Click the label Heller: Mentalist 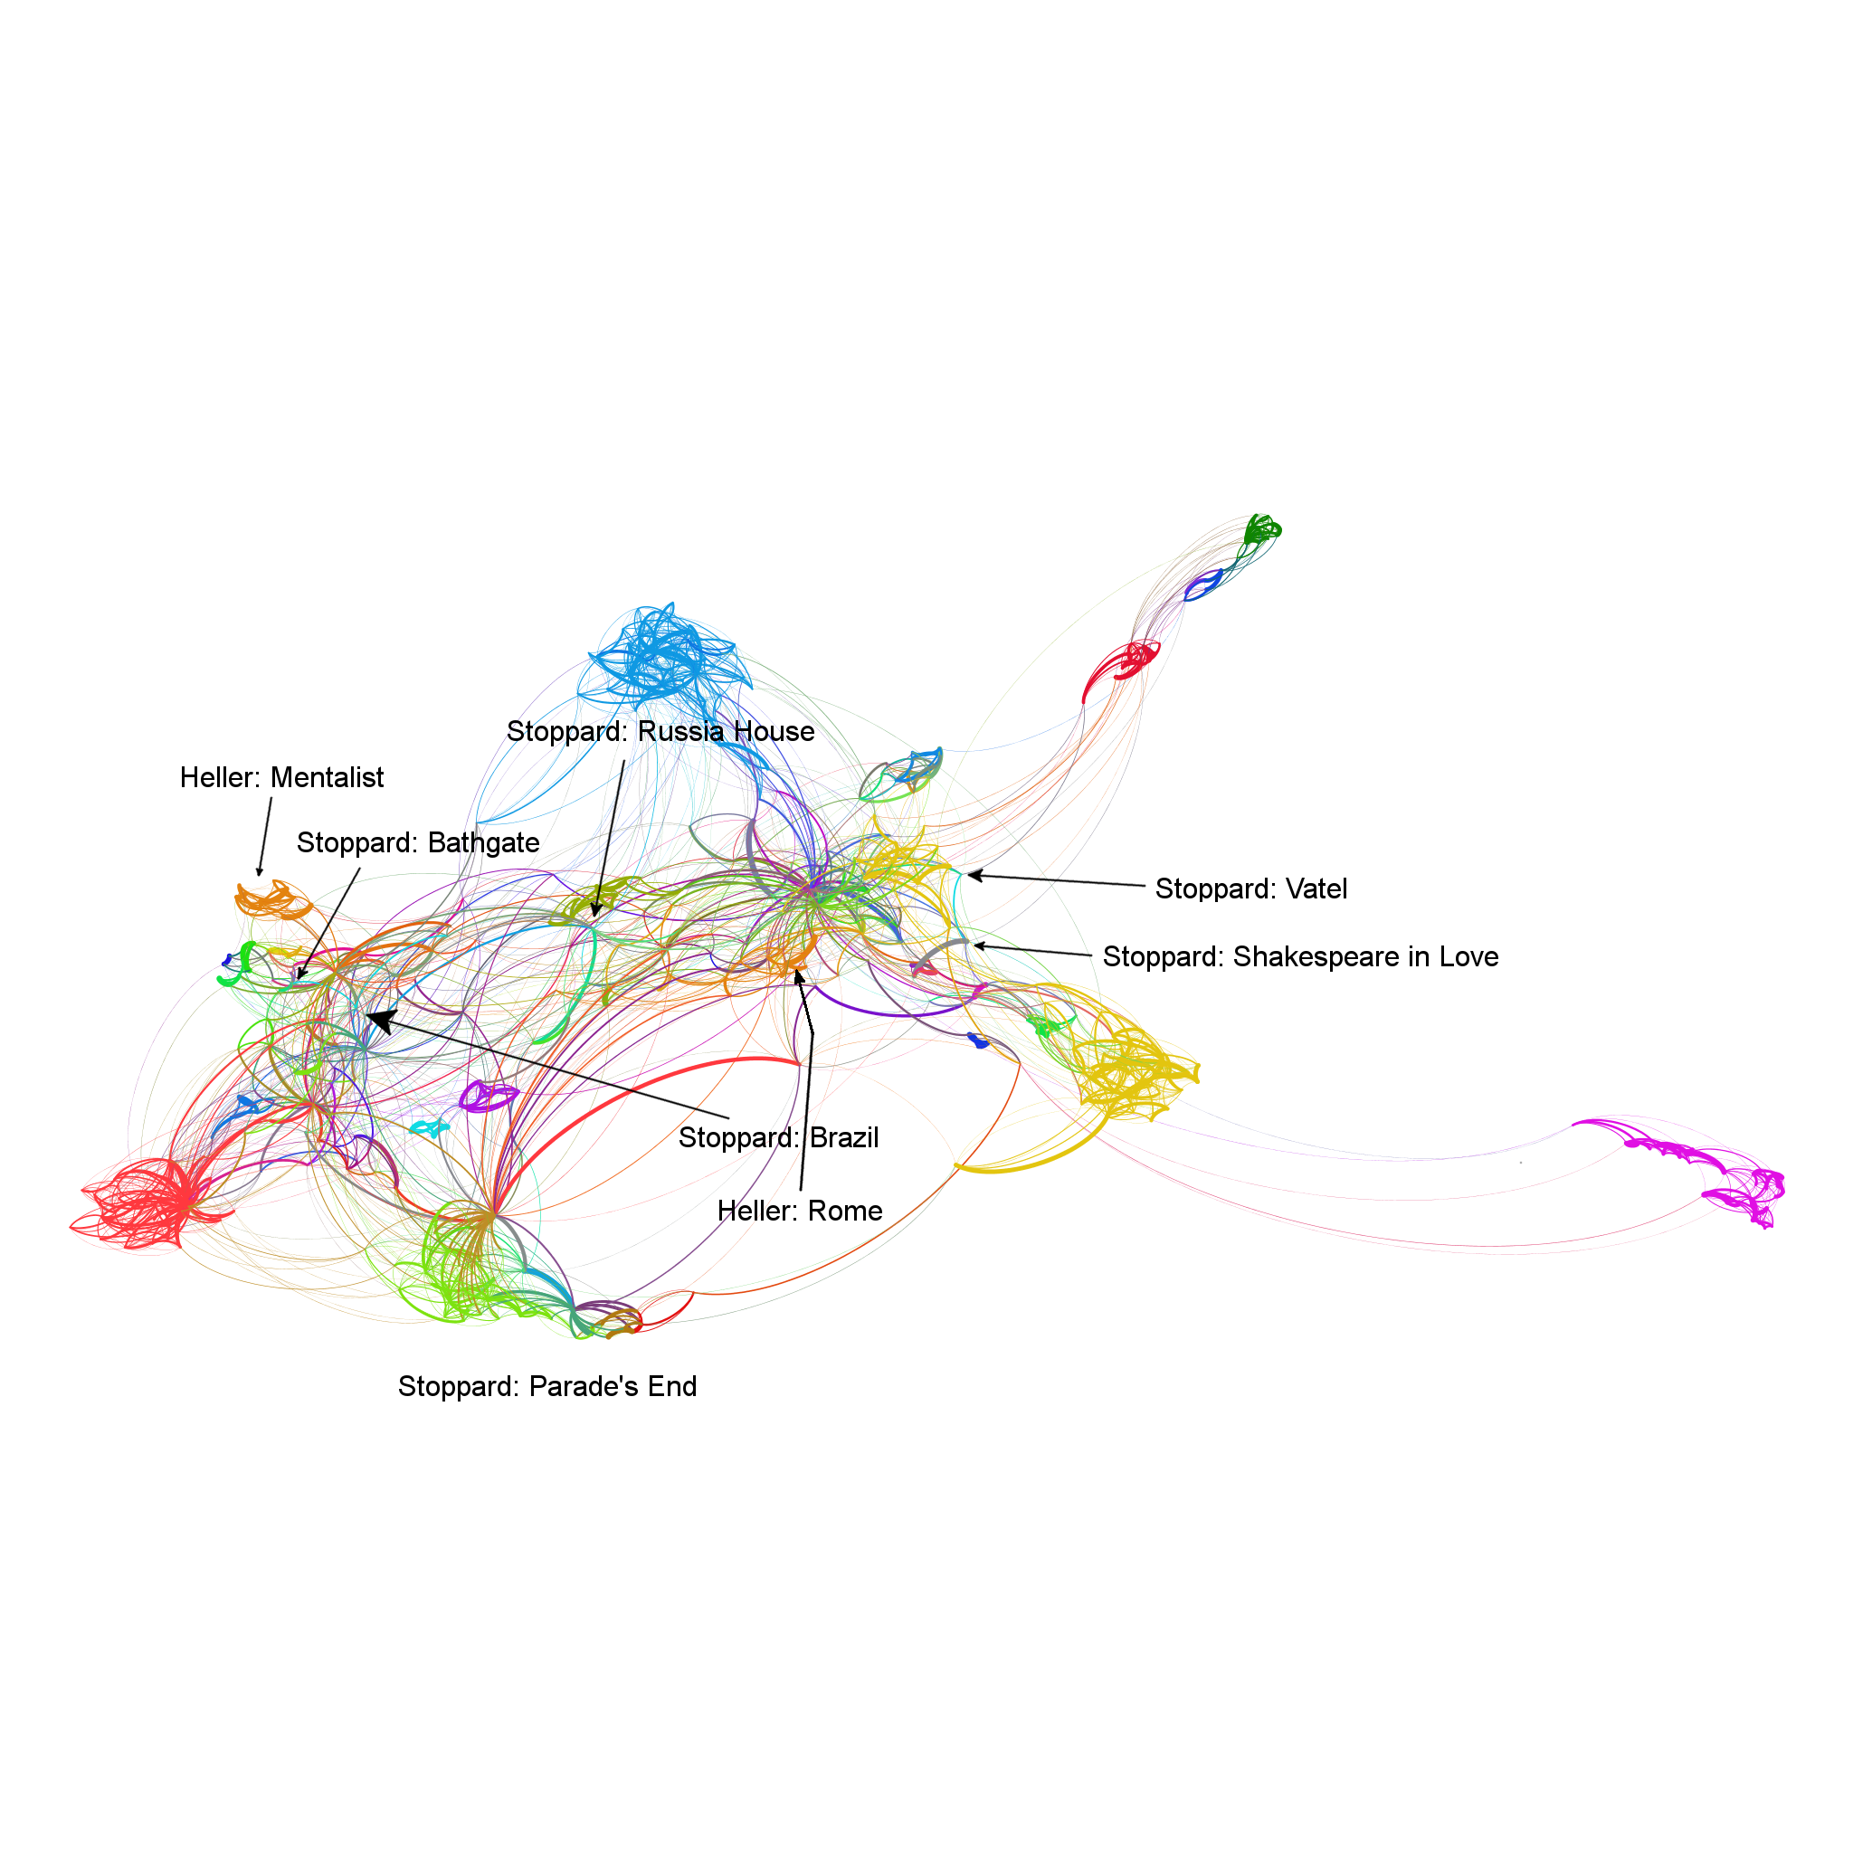coord(281,778)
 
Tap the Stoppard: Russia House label coord(660,732)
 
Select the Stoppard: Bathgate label coord(417,843)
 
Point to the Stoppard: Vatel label coord(1250,889)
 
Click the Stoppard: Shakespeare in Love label coord(1299,957)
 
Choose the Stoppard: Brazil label coord(778,1137)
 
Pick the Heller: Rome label coord(800,1212)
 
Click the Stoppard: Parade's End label coord(546,1387)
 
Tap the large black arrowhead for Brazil coord(381,1022)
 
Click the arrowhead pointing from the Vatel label coord(974,875)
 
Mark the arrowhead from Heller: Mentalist coord(259,871)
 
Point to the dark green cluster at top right coord(1261,529)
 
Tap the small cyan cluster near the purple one coord(430,1128)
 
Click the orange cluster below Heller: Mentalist coord(272,899)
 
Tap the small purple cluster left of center coord(489,1097)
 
